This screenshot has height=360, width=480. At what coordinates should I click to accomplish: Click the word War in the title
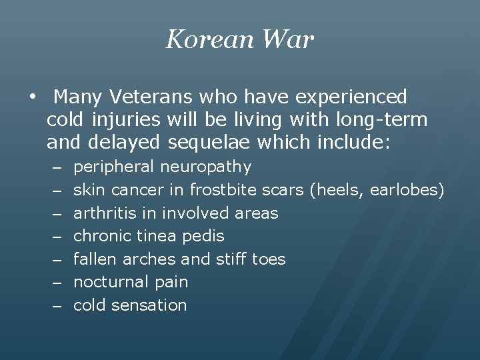pos(287,39)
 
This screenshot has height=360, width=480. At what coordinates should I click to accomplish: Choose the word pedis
pos(203,236)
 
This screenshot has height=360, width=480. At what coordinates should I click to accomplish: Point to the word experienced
pos(351,97)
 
